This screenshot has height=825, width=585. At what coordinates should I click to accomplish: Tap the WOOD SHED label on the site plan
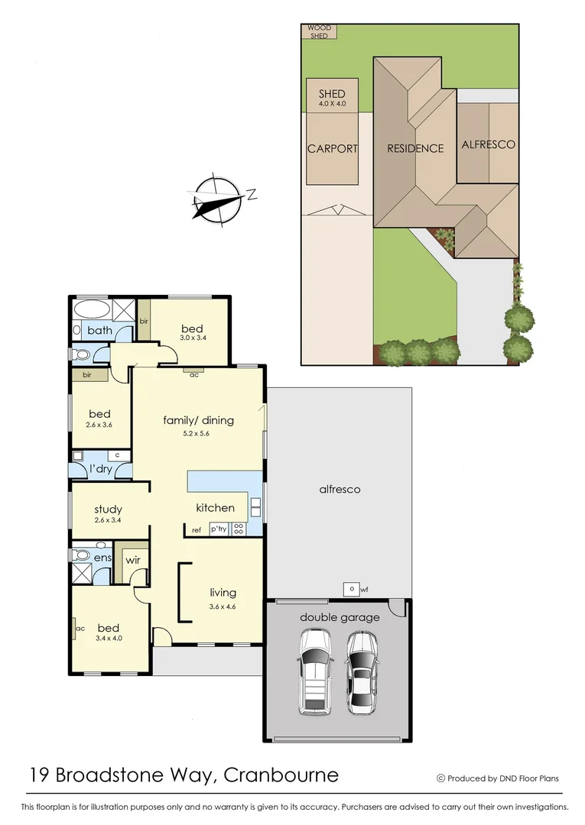click(320, 31)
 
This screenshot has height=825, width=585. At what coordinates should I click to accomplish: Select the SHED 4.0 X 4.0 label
click(332, 98)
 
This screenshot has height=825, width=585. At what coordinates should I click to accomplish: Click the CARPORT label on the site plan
click(332, 149)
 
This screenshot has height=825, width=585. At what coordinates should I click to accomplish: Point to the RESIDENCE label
click(414, 148)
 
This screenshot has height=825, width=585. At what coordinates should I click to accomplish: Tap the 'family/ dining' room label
click(198, 420)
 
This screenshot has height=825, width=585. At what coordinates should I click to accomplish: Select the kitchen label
click(215, 507)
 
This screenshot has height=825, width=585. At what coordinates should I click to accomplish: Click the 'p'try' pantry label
click(219, 529)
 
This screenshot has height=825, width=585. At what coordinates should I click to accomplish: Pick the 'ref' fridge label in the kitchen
click(197, 529)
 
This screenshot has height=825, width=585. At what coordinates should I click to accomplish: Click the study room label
click(108, 510)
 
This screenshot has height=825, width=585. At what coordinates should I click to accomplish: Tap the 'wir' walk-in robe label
click(132, 560)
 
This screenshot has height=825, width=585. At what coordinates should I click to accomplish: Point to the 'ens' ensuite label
click(102, 558)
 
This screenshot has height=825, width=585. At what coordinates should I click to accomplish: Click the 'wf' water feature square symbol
click(350, 589)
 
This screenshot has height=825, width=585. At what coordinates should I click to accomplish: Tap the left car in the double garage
click(314, 670)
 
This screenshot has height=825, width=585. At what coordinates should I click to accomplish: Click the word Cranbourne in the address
click(281, 775)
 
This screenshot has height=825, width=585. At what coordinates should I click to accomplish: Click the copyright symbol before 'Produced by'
click(440, 778)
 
